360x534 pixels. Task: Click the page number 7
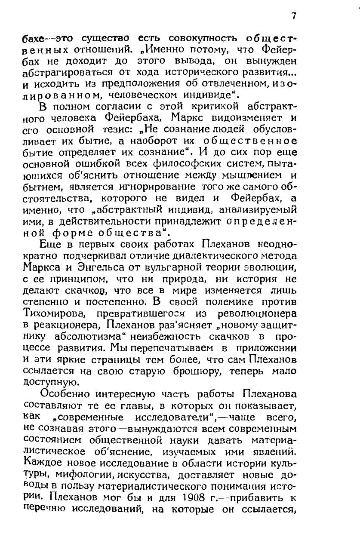[294, 16]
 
